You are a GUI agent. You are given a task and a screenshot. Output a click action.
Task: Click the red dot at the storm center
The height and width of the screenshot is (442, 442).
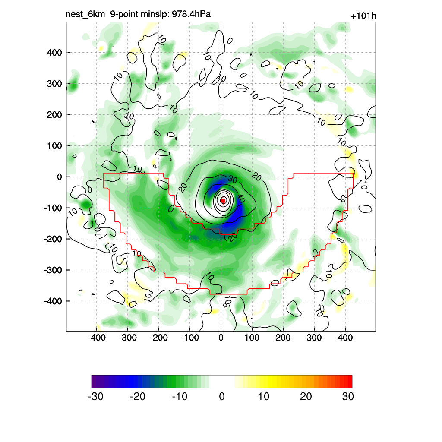223,200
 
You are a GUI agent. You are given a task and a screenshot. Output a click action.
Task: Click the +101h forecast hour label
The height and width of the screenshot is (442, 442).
363,16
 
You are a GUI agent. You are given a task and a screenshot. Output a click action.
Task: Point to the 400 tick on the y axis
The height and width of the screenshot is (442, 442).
54,53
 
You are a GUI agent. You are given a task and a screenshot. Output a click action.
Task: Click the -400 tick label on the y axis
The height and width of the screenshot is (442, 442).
53,301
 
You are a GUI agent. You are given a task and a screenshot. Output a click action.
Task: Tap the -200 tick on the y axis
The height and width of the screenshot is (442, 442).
53,239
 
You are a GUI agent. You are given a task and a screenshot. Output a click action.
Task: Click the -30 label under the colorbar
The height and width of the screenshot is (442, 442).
95,397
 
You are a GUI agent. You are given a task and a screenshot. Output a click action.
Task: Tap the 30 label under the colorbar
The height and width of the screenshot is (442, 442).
348,397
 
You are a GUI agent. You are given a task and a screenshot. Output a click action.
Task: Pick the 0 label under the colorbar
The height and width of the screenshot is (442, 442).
222,397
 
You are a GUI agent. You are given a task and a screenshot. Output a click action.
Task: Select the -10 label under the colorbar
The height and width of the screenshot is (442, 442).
180,397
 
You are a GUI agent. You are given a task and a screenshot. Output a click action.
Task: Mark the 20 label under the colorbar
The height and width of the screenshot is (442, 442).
306,397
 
